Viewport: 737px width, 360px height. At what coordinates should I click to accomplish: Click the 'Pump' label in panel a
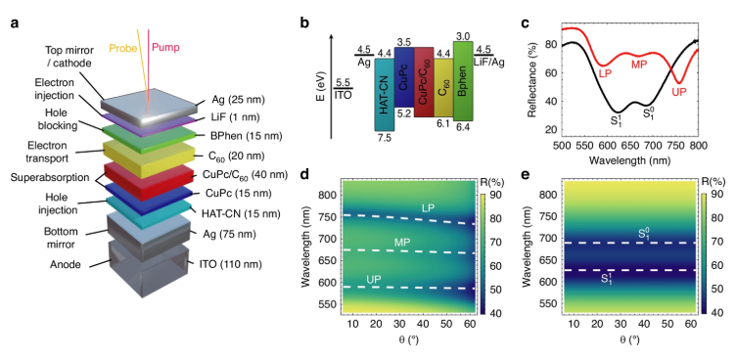[165, 48]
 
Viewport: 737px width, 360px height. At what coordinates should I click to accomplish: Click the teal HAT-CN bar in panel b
[384, 95]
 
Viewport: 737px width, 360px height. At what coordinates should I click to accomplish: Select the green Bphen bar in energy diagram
[463, 81]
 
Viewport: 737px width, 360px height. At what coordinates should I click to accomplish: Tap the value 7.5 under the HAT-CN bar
[384, 137]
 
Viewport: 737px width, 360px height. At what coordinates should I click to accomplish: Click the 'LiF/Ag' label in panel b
[488, 63]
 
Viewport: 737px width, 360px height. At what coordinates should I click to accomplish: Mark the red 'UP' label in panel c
[678, 91]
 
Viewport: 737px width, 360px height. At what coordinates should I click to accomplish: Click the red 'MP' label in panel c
[639, 64]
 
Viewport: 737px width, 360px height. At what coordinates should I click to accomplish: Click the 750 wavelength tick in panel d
[327, 217]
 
